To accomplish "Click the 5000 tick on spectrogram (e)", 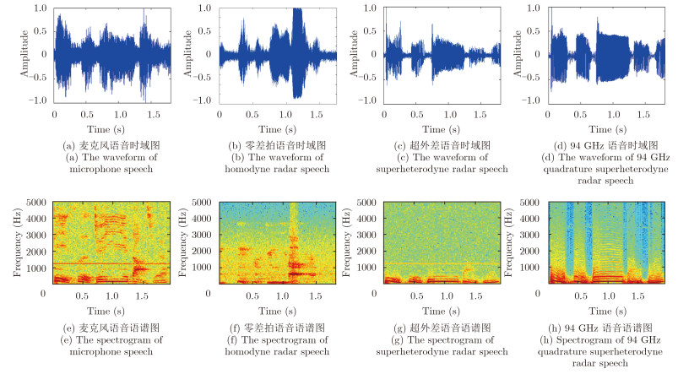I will [35, 203].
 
